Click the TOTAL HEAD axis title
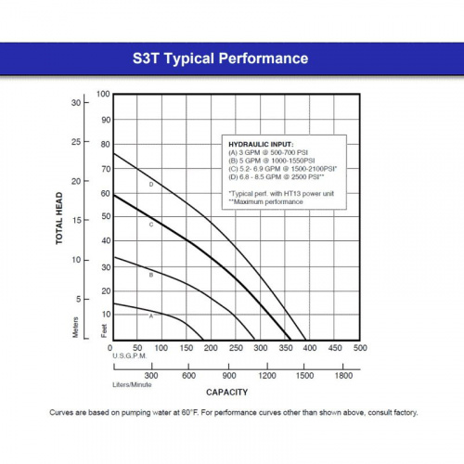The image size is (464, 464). coord(58,218)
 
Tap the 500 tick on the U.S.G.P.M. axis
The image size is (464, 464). coord(359,349)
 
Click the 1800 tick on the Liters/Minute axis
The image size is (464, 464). coord(342,375)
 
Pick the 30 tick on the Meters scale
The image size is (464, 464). coord(76,103)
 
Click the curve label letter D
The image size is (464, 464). coord(150,185)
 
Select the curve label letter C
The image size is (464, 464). coord(150,225)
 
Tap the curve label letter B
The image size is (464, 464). coord(150,275)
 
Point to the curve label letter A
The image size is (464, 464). coord(150,316)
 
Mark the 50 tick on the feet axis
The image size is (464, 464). coord(105,217)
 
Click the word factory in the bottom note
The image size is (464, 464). coord(404,413)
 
